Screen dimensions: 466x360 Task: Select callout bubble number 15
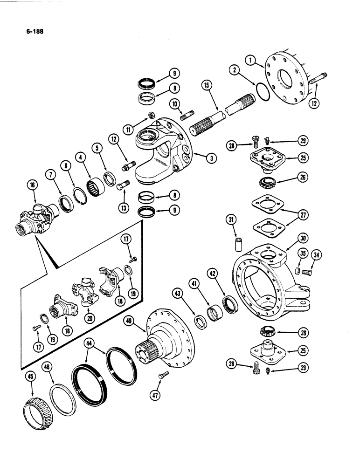click(x=207, y=85)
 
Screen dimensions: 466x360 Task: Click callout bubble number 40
click(x=130, y=321)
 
